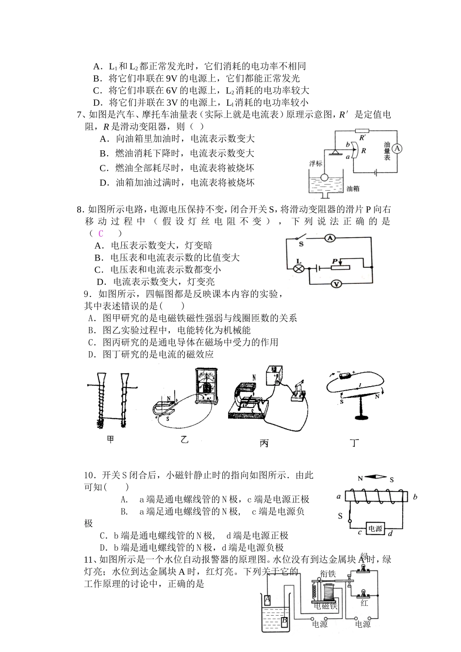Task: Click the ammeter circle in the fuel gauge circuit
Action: click(397, 149)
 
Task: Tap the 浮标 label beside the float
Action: click(315, 163)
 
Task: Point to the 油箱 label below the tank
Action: click(356, 188)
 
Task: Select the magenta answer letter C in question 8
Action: click(101, 233)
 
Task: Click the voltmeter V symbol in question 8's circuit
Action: click(334, 284)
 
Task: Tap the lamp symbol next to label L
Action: click(299, 268)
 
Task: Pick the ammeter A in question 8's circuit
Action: click(329, 238)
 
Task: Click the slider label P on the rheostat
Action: click(334, 261)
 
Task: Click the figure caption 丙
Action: click(263, 443)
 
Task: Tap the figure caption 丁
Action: click(355, 442)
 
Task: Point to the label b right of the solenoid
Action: click(415, 497)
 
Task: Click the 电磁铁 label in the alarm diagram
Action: click(325, 606)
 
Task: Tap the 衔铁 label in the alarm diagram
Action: click(328, 573)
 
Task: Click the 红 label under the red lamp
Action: click(364, 603)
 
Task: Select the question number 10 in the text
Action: click(89, 475)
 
